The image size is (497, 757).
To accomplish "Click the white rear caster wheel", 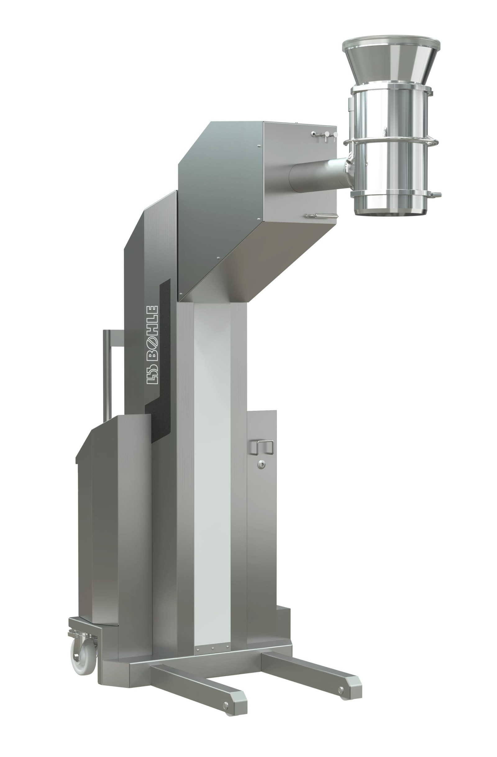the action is pyautogui.click(x=83, y=653).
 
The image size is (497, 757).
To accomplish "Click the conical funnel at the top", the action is pyautogui.click(x=391, y=65).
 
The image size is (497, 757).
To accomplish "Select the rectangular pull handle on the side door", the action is pyautogui.click(x=261, y=447).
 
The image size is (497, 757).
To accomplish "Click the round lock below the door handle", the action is pyautogui.click(x=261, y=465).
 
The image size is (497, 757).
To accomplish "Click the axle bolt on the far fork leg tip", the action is pyautogui.click(x=341, y=690).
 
